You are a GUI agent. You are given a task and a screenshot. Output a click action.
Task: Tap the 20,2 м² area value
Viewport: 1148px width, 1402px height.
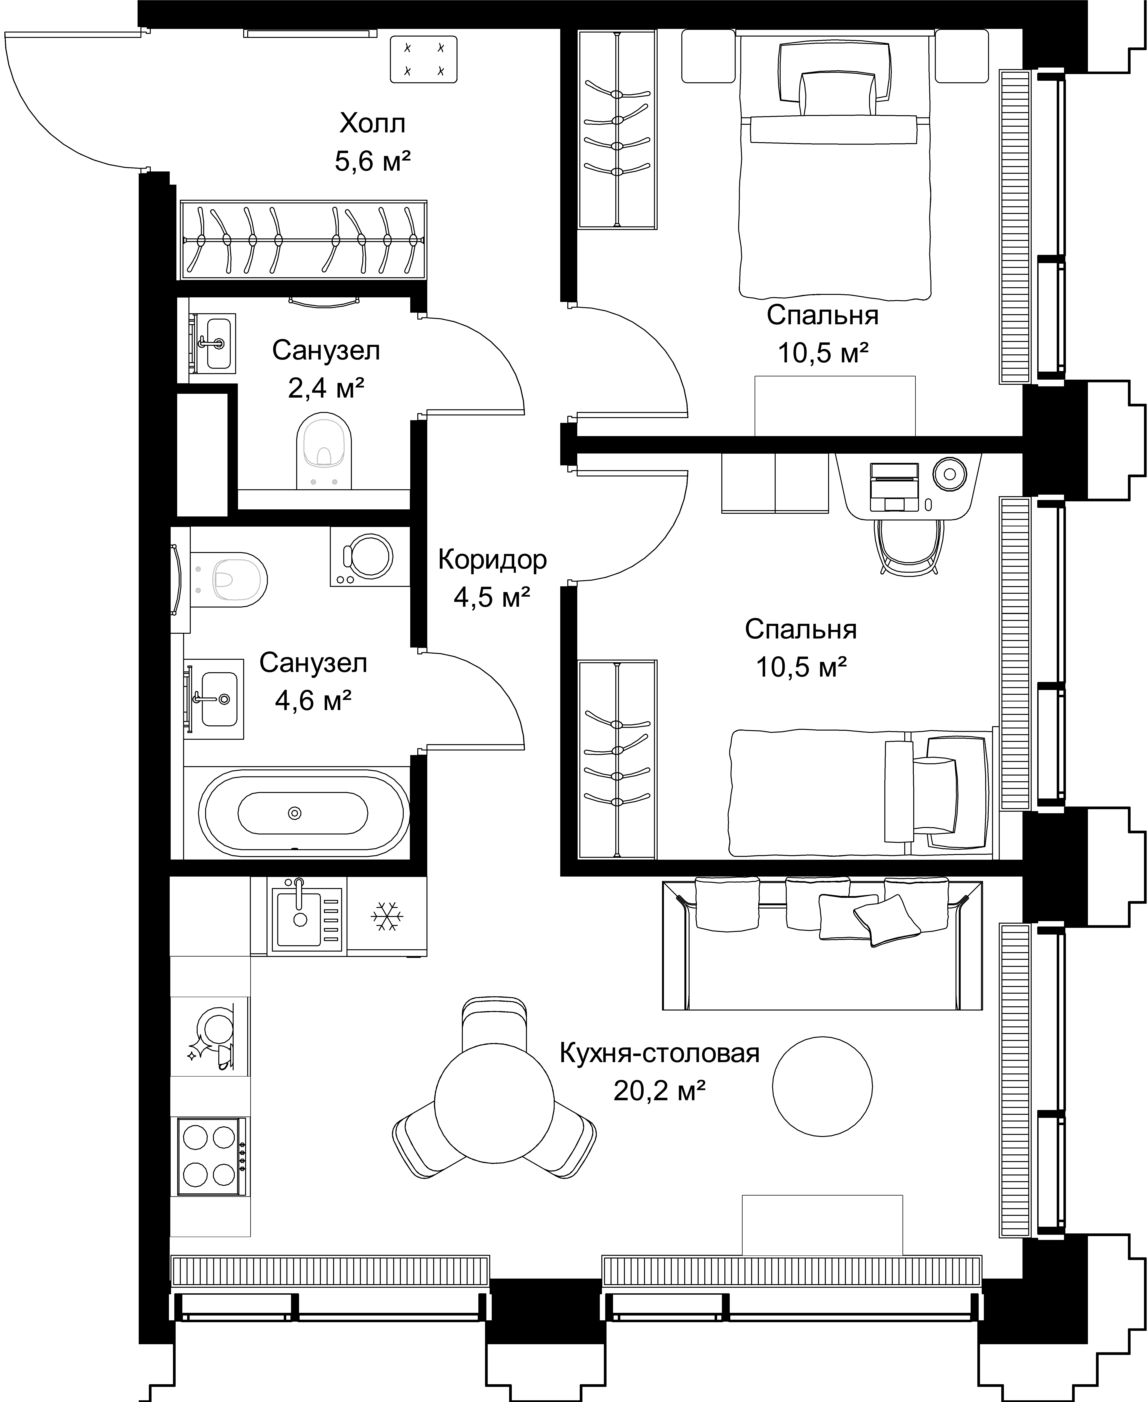tap(659, 1090)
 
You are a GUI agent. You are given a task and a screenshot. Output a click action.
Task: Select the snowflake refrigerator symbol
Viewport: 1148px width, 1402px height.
tap(387, 917)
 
